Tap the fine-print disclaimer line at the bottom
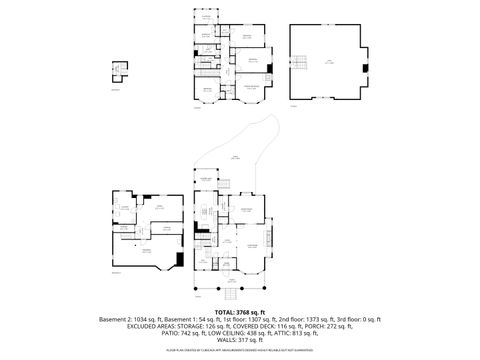pos(240,351)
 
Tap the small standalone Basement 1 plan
pos(119,75)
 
